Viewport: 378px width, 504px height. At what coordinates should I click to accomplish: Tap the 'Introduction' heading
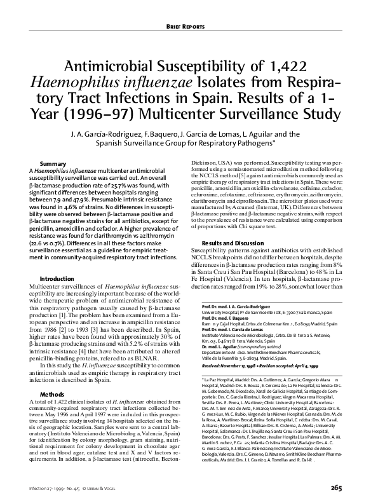[57, 279]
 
